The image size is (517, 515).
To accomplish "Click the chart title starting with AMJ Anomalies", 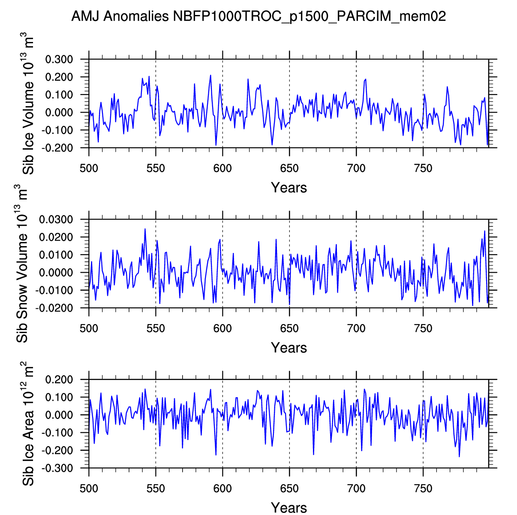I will pos(258,16).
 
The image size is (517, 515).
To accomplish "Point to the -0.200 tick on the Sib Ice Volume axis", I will pos(60,148).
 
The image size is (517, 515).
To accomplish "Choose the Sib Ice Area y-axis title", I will pos(27,424).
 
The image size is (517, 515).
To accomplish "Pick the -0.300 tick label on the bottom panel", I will pos(60,468).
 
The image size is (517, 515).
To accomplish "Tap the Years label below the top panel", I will pos(289,188).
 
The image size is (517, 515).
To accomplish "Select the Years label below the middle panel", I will pos(289,348).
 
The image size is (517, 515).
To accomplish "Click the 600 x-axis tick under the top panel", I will pos(222,168).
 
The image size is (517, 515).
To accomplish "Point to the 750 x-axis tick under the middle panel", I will pos(423,328).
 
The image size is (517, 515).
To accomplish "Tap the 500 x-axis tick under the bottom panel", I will pos(89,488).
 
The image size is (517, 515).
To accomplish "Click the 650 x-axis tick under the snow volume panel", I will pos(289,328).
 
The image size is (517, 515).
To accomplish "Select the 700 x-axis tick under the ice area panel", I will pos(356,488).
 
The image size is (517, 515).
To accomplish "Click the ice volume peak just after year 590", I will pos(210,75).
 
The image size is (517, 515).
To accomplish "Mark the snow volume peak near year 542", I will pos(145,229).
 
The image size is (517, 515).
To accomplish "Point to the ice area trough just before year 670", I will pos(313,454).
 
